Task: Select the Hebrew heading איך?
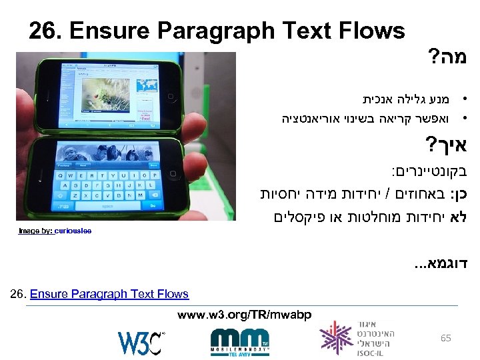[443, 145]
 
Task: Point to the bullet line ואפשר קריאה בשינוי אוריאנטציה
[365, 119]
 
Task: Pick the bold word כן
[455, 195]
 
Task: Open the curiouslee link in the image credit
[73, 231]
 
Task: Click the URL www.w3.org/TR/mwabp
[244, 313]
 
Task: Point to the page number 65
[446, 338]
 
